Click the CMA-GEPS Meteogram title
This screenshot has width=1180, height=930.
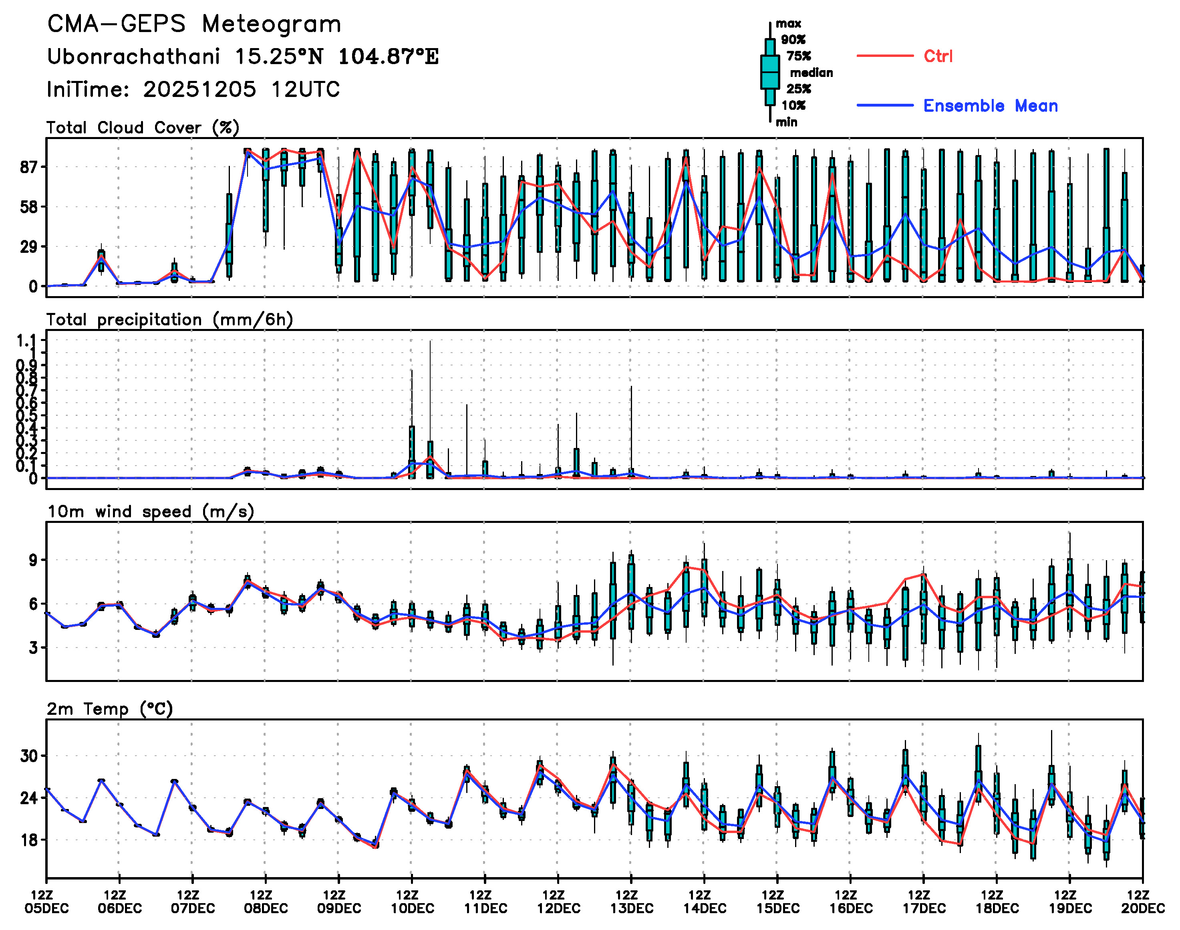point(194,24)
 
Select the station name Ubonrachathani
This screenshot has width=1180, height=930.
point(133,56)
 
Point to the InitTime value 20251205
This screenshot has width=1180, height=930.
point(199,89)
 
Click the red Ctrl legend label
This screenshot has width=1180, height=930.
point(938,56)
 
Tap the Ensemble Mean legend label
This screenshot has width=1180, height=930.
point(990,106)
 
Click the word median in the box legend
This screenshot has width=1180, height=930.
point(811,73)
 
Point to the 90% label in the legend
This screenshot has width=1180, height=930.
point(793,40)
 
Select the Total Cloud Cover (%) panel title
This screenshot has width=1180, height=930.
point(143,128)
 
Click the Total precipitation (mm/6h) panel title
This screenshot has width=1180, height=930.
point(169,320)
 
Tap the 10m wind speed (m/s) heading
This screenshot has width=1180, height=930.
point(151,512)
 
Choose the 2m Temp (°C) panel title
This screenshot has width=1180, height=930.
point(109,709)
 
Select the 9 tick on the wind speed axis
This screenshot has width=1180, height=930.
point(34,560)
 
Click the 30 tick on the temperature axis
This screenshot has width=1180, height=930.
point(29,756)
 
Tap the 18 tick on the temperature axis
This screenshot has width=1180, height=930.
point(29,839)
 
